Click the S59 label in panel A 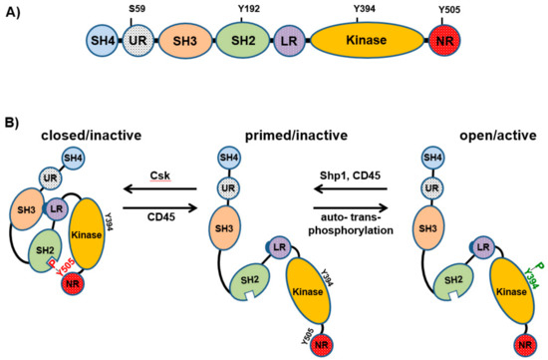[x=135, y=11]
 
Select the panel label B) [x=18, y=122]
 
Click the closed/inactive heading [x=61, y=133]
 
